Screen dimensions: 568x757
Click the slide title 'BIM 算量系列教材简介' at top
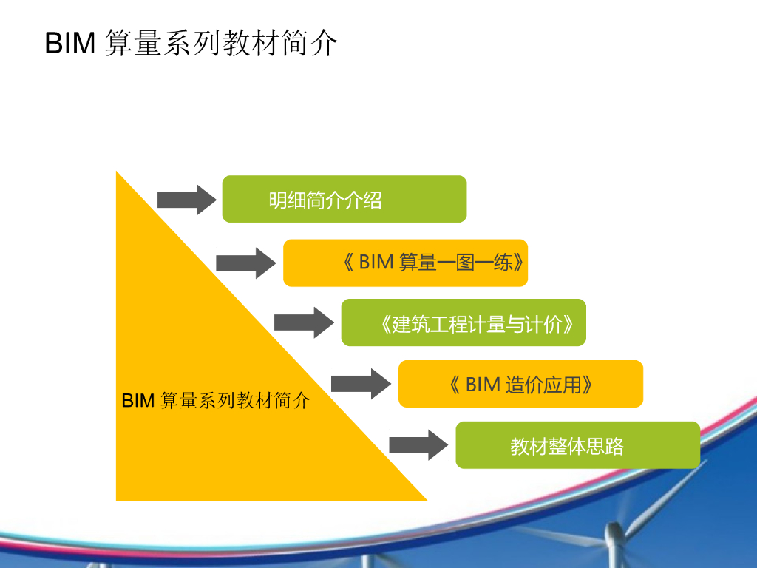coord(191,44)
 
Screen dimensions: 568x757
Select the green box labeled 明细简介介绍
coord(344,199)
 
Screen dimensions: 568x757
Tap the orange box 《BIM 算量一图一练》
coord(405,263)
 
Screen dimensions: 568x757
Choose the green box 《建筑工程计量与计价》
coord(464,322)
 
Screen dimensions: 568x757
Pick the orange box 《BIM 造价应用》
coord(520,384)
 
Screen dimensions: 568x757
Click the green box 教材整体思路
coord(577,445)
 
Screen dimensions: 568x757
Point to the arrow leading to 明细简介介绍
coord(186,199)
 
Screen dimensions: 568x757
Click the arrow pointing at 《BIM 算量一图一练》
coord(245,263)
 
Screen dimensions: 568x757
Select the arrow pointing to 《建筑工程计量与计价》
coord(304,322)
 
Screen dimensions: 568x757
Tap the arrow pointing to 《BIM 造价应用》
coord(360,384)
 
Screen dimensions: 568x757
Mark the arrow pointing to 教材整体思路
coord(418,444)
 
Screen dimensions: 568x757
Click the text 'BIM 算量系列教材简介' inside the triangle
coord(216,401)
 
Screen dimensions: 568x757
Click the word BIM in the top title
coord(69,44)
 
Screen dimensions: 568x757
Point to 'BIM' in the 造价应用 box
coord(483,385)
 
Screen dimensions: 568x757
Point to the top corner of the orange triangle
coord(117,173)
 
